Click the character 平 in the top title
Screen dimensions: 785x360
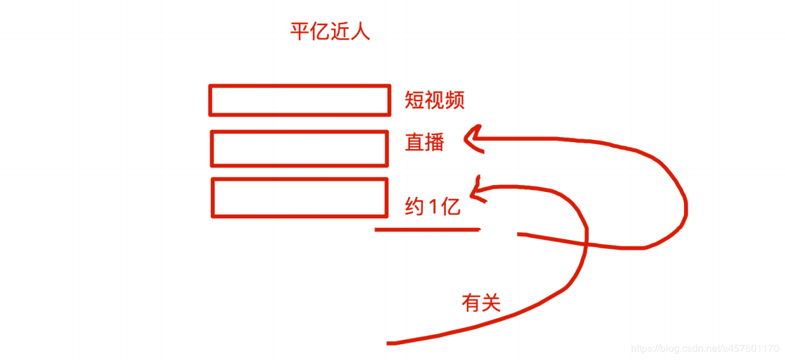click(300, 32)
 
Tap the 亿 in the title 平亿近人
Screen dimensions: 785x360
click(320, 32)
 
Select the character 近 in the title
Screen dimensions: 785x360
click(340, 32)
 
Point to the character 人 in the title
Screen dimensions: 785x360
click(361, 32)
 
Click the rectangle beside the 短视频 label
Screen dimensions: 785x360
click(299, 100)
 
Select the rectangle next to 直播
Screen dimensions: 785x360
click(299, 148)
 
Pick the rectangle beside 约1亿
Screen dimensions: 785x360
click(299, 198)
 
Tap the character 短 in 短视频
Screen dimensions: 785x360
click(415, 100)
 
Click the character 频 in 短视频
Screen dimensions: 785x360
click(455, 100)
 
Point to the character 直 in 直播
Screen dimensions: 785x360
click(415, 142)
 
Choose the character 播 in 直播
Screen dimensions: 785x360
click(434, 142)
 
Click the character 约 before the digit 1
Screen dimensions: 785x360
click(414, 207)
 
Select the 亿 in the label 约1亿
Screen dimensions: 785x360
click(451, 207)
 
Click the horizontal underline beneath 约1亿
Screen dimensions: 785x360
click(427, 229)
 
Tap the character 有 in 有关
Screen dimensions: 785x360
click(472, 304)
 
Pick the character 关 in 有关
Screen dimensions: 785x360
click(491, 304)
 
